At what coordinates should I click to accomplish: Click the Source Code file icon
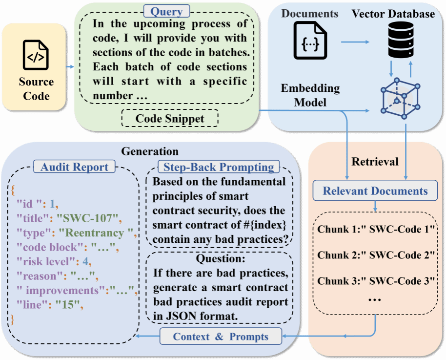point(36,55)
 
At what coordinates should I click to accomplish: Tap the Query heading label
point(166,12)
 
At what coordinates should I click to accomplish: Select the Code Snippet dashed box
point(169,118)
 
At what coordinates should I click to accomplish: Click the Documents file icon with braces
point(310,42)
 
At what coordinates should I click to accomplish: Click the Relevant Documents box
point(375,191)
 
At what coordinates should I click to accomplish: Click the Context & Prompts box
point(221,337)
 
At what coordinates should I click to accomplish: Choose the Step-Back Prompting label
point(219,167)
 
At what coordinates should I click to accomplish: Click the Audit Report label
point(75,167)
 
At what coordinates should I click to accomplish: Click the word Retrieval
point(375,162)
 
